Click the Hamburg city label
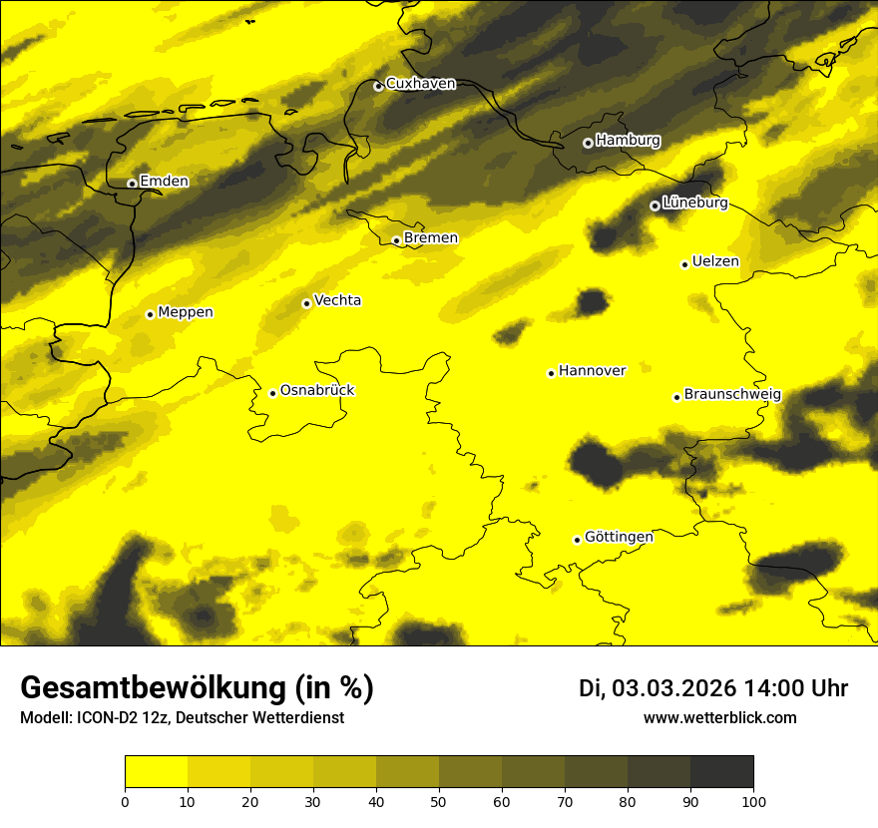pos(628,141)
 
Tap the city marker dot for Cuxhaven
pos(378,87)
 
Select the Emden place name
pos(164,181)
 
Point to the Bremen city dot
pos(396,240)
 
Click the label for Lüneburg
pos(694,203)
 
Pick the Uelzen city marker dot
pos(684,264)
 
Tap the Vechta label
pos(337,300)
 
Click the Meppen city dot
pos(150,314)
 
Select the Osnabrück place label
pos(317,390)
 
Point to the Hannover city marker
pos(551,374)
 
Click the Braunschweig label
pos(732,394)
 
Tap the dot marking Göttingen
pos(577,541)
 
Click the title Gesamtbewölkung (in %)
pos(197,688)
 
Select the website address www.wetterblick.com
pos(719,718)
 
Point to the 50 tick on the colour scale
pos(439,801)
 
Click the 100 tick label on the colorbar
pos(753,801)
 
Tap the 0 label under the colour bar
pos(125,801)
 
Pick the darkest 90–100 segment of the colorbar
pos(721,772)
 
